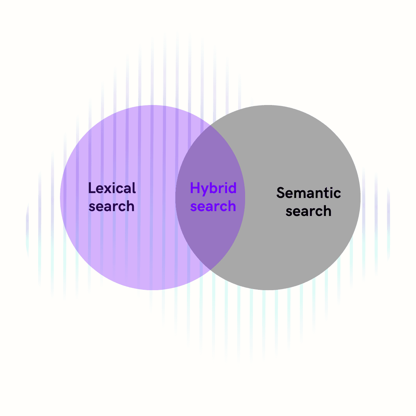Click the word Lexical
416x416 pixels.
[x=112, y=188]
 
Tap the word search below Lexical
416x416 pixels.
[x=111, y=206]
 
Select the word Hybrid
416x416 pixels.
[x=213, y=188]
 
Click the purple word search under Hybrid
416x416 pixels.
[x=213, y=206]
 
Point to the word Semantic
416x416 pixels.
[x=309, y=193]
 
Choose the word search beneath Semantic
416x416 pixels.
[x=309, y=211]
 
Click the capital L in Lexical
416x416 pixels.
[x=92, y=188]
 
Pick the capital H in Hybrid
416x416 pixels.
[x=195, y=188]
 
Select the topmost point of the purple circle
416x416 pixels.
[x=153, y=105]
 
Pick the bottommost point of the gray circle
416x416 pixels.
[x=268, y=290]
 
